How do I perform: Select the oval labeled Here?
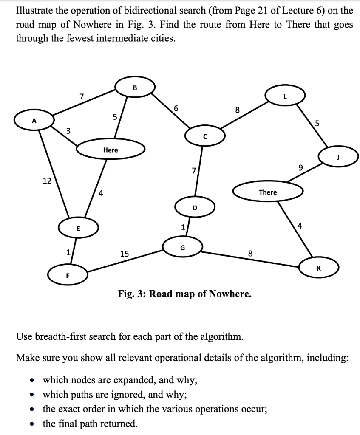111,150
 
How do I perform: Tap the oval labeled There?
268,192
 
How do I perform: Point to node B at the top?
135,88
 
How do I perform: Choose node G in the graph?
182,247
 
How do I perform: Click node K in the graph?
318,268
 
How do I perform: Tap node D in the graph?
195,208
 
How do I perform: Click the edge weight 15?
124,254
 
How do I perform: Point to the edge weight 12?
47,181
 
